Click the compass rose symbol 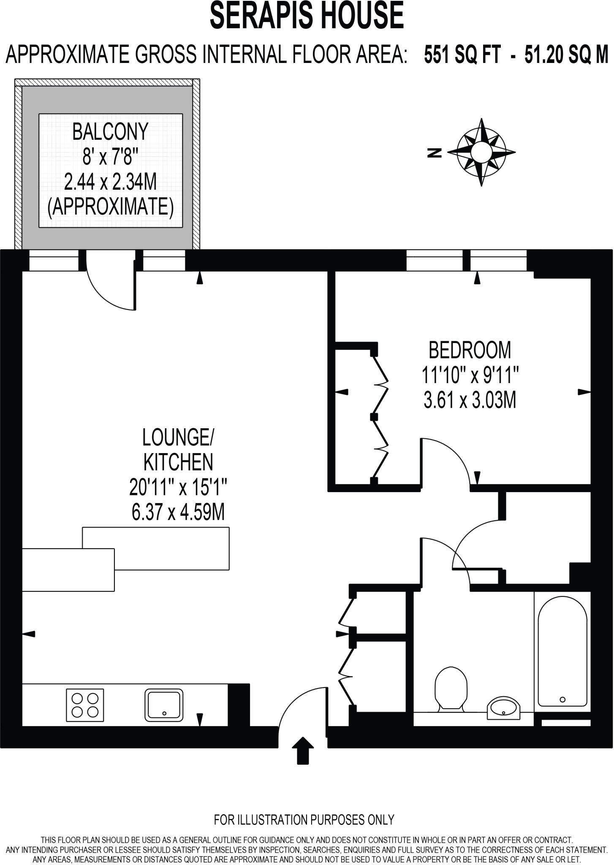[481, 152]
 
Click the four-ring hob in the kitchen [85, 705]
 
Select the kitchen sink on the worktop [164, 705]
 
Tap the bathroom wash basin [504, 707]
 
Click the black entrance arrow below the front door [303, 751]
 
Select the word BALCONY [110, 132]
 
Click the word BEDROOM [470, 350]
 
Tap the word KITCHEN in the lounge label [178, 462]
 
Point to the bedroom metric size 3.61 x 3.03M [470, 400]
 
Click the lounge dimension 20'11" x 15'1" [178, 488]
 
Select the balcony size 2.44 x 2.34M [110, 182]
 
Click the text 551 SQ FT [462, 55]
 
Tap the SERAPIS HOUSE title [307, 16]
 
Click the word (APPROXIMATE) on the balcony [110, 207]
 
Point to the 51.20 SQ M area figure [566, 55]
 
